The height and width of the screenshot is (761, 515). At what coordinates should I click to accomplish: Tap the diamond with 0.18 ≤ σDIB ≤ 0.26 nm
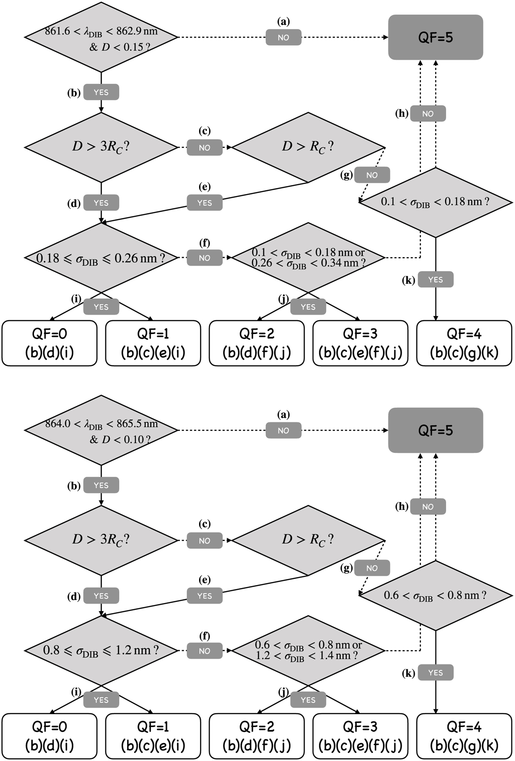tap(101, 258)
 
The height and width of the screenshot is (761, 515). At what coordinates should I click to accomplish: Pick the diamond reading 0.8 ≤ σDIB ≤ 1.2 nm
tap(101, 651)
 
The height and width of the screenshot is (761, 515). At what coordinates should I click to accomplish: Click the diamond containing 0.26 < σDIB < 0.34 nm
tap(308, 258)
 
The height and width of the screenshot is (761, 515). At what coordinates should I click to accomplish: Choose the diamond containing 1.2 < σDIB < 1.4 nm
tap(308, 651)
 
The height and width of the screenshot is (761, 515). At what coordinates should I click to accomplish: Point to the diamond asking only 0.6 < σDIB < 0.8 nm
tap(436, 595)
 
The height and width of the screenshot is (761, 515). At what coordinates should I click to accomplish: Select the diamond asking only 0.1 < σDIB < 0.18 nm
tap(436, 202)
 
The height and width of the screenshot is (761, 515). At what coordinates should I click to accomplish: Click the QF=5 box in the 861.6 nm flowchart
tap(436, 37)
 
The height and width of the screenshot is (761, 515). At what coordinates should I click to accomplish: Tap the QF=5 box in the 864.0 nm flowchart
tap(436, 431)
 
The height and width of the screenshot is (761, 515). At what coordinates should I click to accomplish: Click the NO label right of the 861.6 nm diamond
tap(283, 38)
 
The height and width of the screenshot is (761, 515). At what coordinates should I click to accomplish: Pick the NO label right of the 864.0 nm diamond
tap(283, 431)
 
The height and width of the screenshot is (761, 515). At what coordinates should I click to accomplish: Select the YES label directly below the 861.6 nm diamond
tap(101, 92)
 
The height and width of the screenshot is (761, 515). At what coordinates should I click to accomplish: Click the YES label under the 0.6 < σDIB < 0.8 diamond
tap(436, 673)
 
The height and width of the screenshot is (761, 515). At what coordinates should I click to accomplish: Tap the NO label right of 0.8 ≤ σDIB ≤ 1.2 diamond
tap(205, 651)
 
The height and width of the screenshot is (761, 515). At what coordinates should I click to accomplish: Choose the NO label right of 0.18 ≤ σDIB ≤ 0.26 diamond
tap(205, 258)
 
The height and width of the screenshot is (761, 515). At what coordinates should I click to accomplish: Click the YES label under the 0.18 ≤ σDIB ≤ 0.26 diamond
tap(101, 307)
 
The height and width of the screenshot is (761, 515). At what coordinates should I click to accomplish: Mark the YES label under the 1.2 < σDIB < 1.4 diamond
tap(308, 700)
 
